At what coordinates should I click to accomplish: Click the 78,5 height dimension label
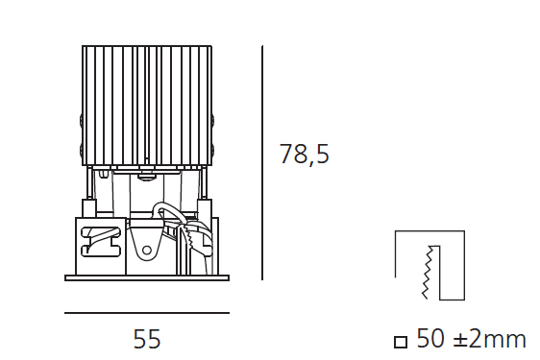tap(305, 154)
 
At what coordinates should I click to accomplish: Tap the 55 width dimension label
tap(147, 339)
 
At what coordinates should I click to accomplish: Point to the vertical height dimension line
tap(262, 162)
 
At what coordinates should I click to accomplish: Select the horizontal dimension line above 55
tap(147, 313)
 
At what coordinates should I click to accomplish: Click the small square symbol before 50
tap(401, 342)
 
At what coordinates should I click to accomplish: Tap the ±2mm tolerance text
tap(490, 339)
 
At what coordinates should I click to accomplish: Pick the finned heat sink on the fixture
tap(147, 106)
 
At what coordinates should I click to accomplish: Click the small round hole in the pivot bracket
tap(147, 250)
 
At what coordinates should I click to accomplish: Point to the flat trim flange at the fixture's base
tap(147, 277)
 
